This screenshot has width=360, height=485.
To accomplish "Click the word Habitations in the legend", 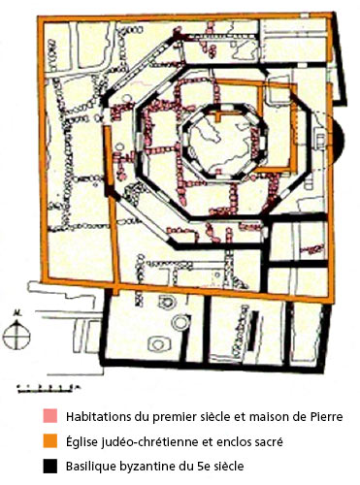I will pos(101,417).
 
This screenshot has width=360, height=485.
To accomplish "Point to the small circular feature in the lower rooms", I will pos(174,303).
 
